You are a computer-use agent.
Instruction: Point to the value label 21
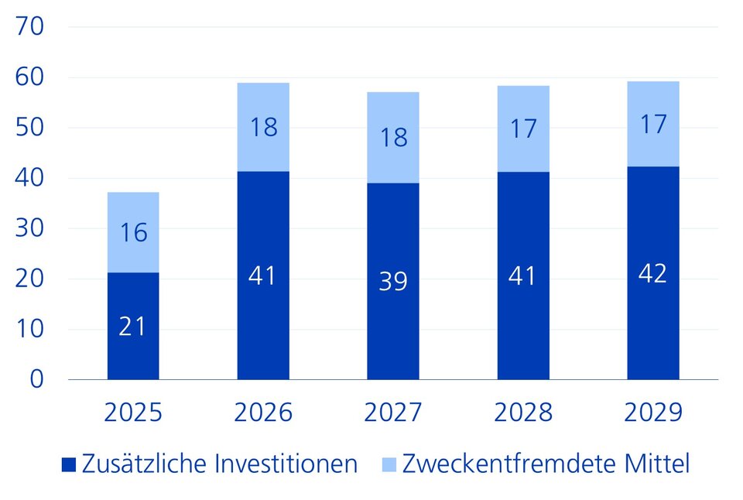[133, 327]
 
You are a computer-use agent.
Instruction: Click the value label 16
[133, 232]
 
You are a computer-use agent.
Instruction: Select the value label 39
[393, 281]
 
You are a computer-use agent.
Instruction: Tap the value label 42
[653, 273]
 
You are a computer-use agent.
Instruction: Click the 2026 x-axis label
[263, 413]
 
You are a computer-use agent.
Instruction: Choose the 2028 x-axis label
[523, 413]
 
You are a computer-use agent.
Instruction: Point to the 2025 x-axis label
[133, 413]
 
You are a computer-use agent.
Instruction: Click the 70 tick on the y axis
[31, 27]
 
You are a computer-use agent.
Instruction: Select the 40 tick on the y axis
[31, 178]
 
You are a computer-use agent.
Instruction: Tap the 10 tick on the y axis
[31, 329]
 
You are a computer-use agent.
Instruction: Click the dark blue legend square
[70, 465]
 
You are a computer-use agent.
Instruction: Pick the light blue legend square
[390, 465]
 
